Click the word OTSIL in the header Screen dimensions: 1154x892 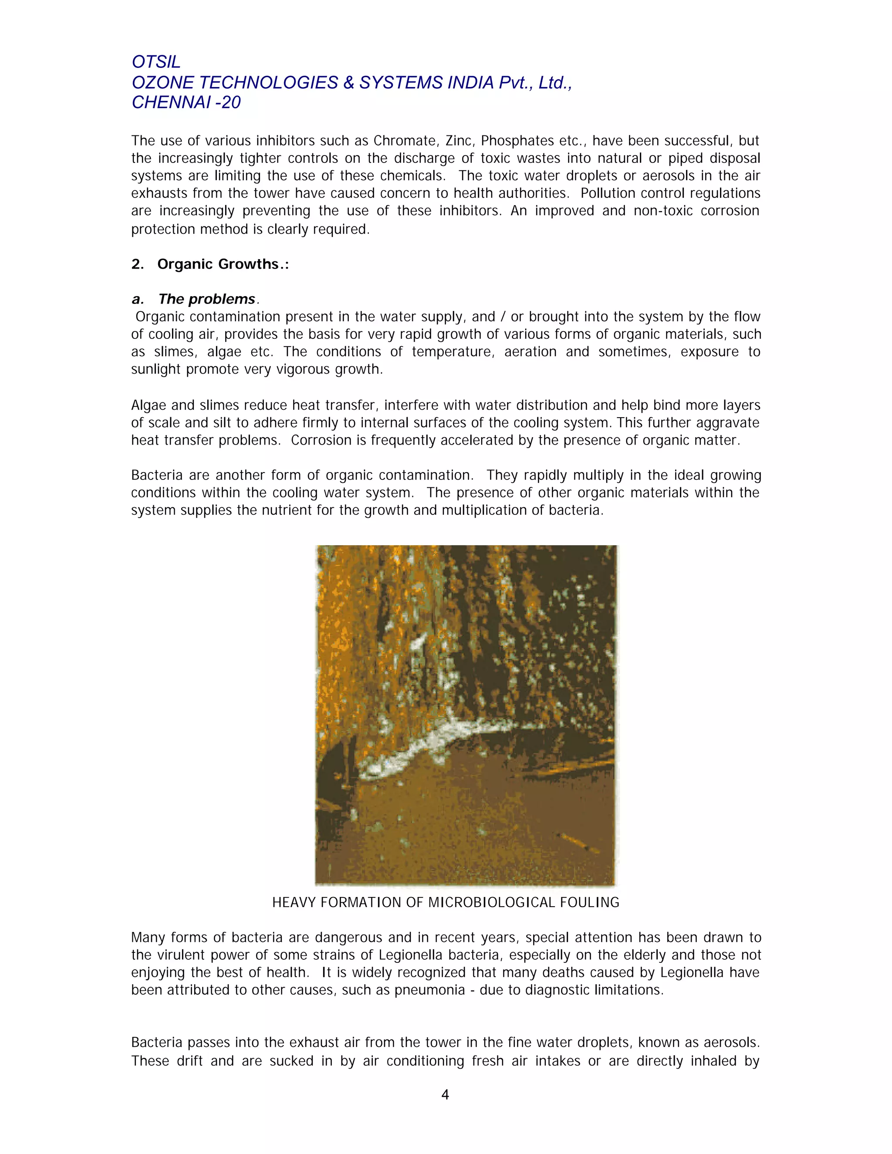coord(156,62)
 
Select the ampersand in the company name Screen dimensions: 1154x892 coord(348,82)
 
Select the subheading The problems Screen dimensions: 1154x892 coord(206,299)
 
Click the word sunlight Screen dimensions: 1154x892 coord(157,369)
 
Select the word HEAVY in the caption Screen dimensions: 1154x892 coord(294,902)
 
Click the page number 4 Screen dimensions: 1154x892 coord(445,1095)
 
